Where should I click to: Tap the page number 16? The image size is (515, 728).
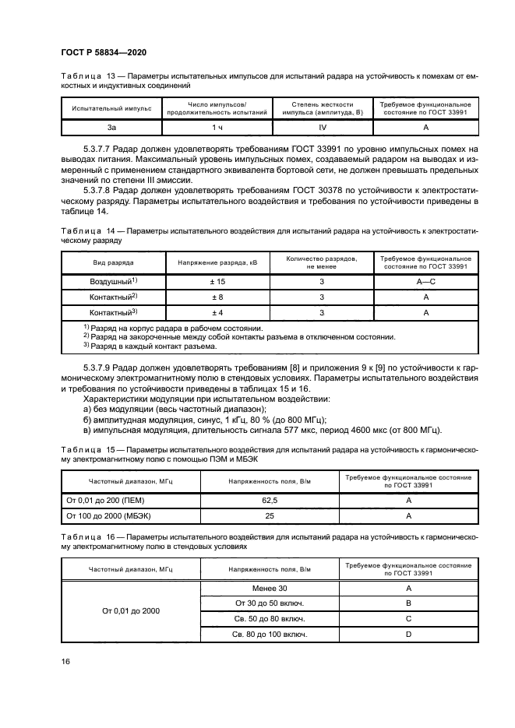tap(66, 660)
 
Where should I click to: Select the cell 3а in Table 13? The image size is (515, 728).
tap(111, 128)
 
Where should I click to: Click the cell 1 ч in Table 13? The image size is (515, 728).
tap(217, 128)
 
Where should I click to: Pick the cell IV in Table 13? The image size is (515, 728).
tap(323, 128)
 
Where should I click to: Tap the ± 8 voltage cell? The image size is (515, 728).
tap(217, 297)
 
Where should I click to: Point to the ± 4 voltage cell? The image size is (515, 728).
tap(217, 312)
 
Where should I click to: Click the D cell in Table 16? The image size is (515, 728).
tap(408, 635)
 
